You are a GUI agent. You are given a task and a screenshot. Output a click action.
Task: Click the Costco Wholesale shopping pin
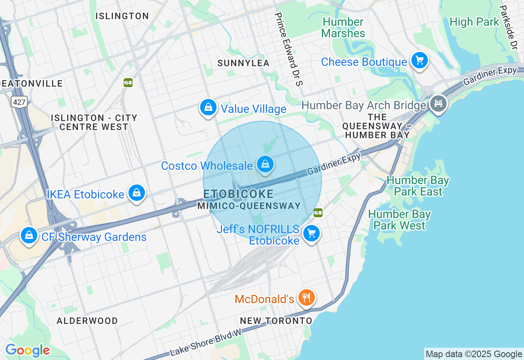coord(265,164)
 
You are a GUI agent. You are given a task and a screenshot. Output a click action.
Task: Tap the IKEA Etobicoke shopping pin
coord(137,193)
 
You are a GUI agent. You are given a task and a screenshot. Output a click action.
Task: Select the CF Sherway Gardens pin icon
coord(29,236)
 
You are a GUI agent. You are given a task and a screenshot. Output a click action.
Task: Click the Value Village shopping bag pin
coord(208,108)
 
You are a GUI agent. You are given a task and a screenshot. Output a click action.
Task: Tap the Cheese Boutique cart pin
coord(419,61)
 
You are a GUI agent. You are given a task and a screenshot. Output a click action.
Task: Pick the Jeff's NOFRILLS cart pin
coord(312,234)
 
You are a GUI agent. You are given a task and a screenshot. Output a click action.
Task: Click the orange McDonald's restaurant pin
coord(306,298)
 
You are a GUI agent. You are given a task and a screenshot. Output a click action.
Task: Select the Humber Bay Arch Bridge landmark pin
coord(438,103)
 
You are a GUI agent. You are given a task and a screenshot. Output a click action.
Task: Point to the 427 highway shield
coord(19,102)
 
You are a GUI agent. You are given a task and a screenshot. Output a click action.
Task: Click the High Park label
coord(474,22)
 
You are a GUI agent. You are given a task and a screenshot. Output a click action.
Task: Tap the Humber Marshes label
coord(343,27)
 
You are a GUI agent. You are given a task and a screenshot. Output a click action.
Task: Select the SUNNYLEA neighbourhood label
coord(244,63)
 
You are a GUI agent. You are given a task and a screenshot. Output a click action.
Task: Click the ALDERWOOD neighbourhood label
coord(87,321)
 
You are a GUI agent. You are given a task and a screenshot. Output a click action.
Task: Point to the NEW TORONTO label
coord(276,321)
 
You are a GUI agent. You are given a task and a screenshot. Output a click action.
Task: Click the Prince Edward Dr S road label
coord(289,49)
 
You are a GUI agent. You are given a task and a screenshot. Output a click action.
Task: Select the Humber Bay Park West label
coord(399,220)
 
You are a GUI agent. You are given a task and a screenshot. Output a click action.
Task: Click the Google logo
coord(27,350)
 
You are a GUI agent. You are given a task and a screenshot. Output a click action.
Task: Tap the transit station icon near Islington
coord(128,83)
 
